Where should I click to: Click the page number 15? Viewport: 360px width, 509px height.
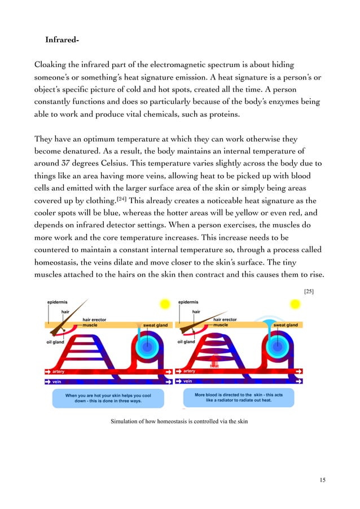[x=322, y=480]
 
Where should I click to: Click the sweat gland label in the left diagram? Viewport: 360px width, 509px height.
[x=156, y=326]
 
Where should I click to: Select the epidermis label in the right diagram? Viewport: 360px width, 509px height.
[x=191, y=302]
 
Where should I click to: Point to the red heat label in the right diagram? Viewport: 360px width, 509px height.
[x=214, y=366]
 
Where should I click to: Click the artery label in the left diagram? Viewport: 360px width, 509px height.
[x=57, y=371]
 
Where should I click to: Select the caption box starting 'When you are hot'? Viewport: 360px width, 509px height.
[x=108, y=398]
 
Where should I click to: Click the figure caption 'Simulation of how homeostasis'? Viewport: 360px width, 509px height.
[x=179, y=422]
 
